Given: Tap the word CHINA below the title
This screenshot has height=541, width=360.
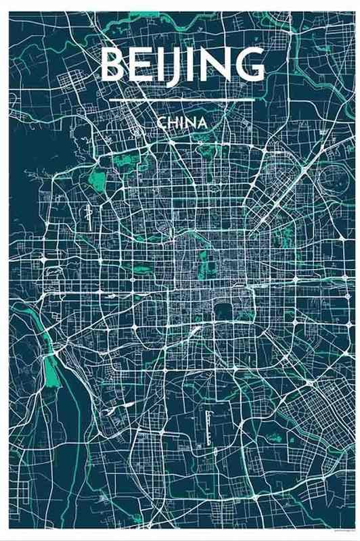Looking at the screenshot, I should (180, 124).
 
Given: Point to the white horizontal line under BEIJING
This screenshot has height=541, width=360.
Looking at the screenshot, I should (181, 100).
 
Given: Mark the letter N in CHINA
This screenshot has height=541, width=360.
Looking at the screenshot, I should (189, 124).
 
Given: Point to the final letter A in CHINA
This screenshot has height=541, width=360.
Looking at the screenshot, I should (201, 124).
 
